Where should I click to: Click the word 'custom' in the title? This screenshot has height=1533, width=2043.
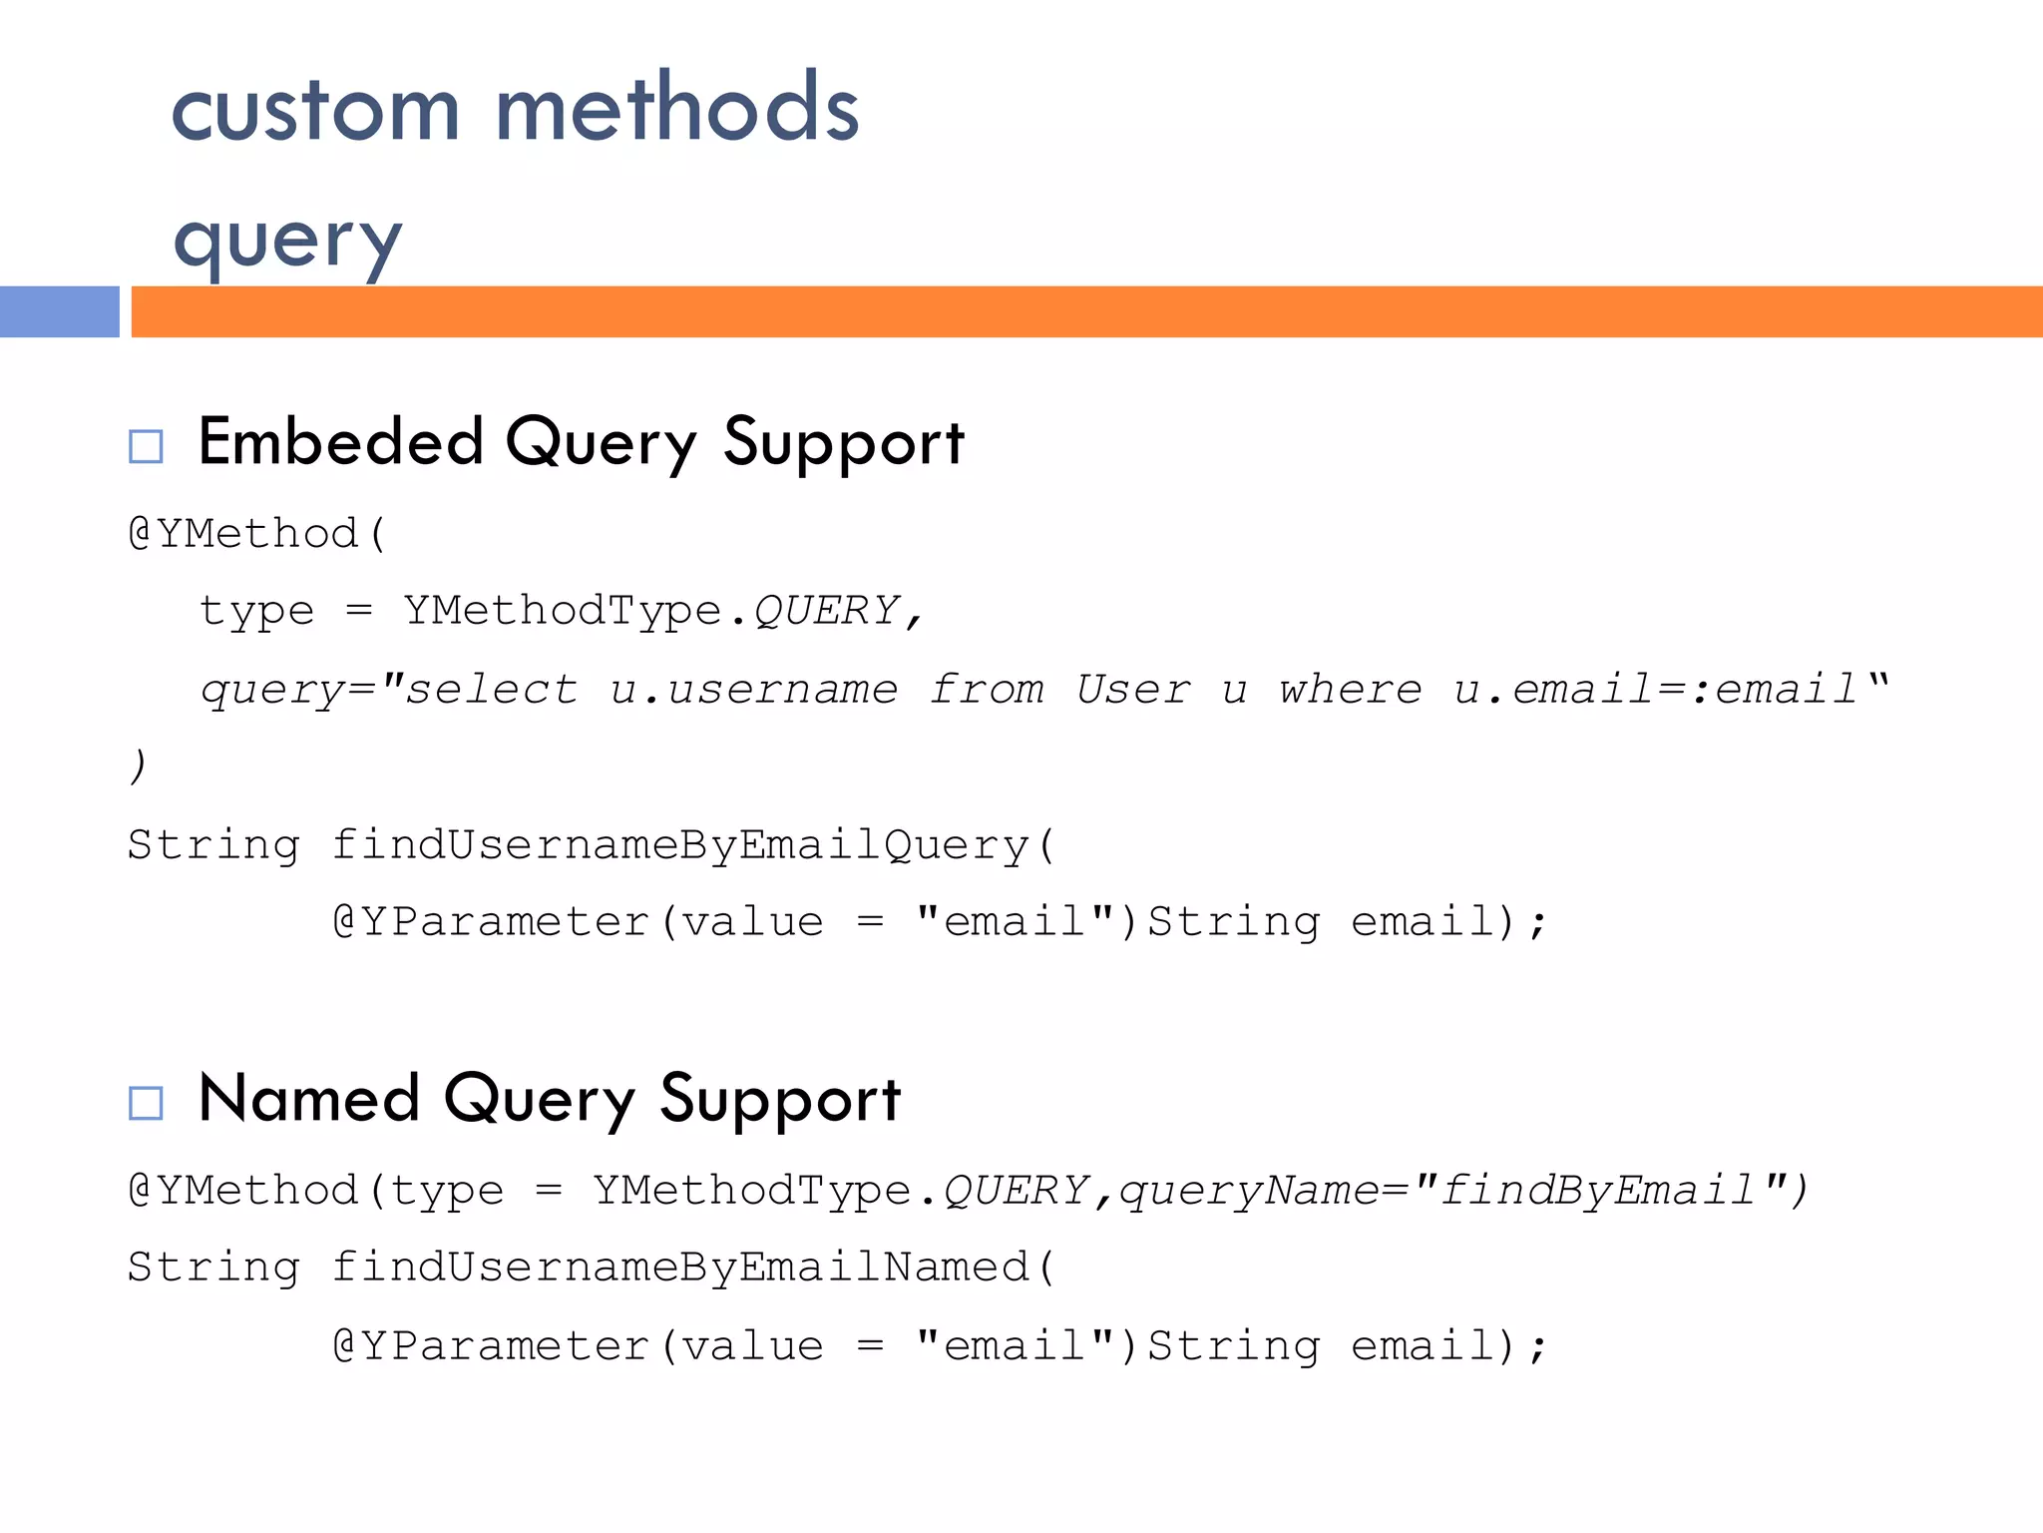pyautogui.click(x=315, y=110)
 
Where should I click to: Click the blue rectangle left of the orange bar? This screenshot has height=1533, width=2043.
pyautogui.click(x=59, y=311)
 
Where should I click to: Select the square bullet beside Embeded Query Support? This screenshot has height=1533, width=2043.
pyautogui.click(x=146, y=446)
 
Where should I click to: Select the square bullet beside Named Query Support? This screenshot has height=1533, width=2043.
pyautogui.click(x=146, y=1103)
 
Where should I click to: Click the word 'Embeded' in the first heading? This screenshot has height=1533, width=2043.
pyautogui.click(x=341, y=442)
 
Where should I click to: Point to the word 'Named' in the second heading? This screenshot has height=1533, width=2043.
pyautogui.click(x=309, y=1099)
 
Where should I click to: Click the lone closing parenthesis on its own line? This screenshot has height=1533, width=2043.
pyautogui.click(x=138, y=766)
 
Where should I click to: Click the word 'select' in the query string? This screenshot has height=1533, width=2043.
pyautogui.click(x=492, y=690)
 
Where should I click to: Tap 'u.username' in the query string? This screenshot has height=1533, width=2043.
pyautogui.click(x=754, y=690)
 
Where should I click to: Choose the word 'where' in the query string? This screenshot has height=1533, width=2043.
pyautogui.click(x=1351, y=690)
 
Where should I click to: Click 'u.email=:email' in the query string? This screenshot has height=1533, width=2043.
pyautogui.click(x=1656, y=690)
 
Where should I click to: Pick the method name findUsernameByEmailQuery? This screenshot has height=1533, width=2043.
pyautogui.click(x=680, y=845)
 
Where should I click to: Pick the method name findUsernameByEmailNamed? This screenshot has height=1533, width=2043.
pyautogui.click(x=680, y=1268)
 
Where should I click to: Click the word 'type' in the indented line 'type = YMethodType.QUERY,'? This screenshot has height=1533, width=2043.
pyautogui.click(x=256, y=612)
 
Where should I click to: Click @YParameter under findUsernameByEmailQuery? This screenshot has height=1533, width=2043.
pyautogui.click(x=492, y=922)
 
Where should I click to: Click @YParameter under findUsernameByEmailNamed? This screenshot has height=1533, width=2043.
pyautogui.click(x=492, y=1346)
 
